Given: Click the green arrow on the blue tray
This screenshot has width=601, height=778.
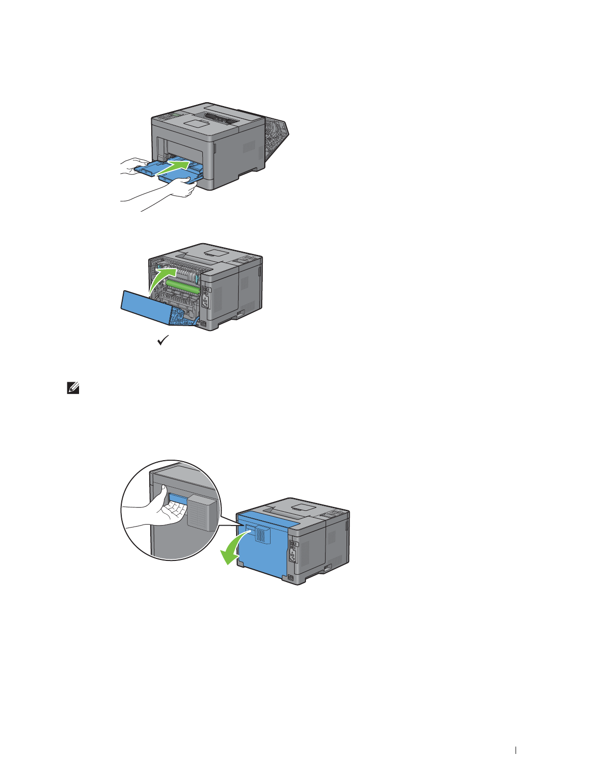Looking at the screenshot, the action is pos(174,167).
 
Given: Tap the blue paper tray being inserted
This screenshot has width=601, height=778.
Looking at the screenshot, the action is pos(147,169).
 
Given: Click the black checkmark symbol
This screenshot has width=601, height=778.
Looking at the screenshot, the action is pos(163,340).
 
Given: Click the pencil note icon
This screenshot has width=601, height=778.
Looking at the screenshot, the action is pos(72,389).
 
